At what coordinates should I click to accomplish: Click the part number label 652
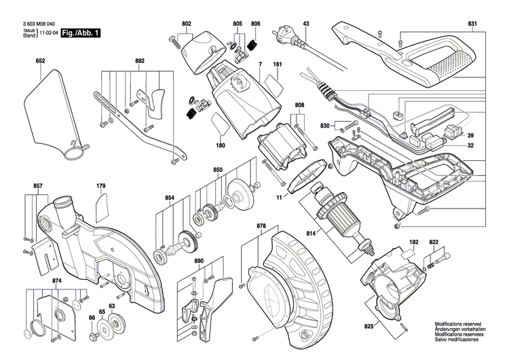pos(40,62)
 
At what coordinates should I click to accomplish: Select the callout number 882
pos(140,62)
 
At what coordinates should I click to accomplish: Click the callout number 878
pos(261,226)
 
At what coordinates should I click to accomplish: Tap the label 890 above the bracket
pos(199,262)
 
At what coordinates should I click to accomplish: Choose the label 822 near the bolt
pos(434,242)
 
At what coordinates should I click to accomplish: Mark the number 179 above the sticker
pos(100,185)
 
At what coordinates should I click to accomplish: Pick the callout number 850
pos(217,169)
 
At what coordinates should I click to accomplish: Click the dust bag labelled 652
pos(51,112)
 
